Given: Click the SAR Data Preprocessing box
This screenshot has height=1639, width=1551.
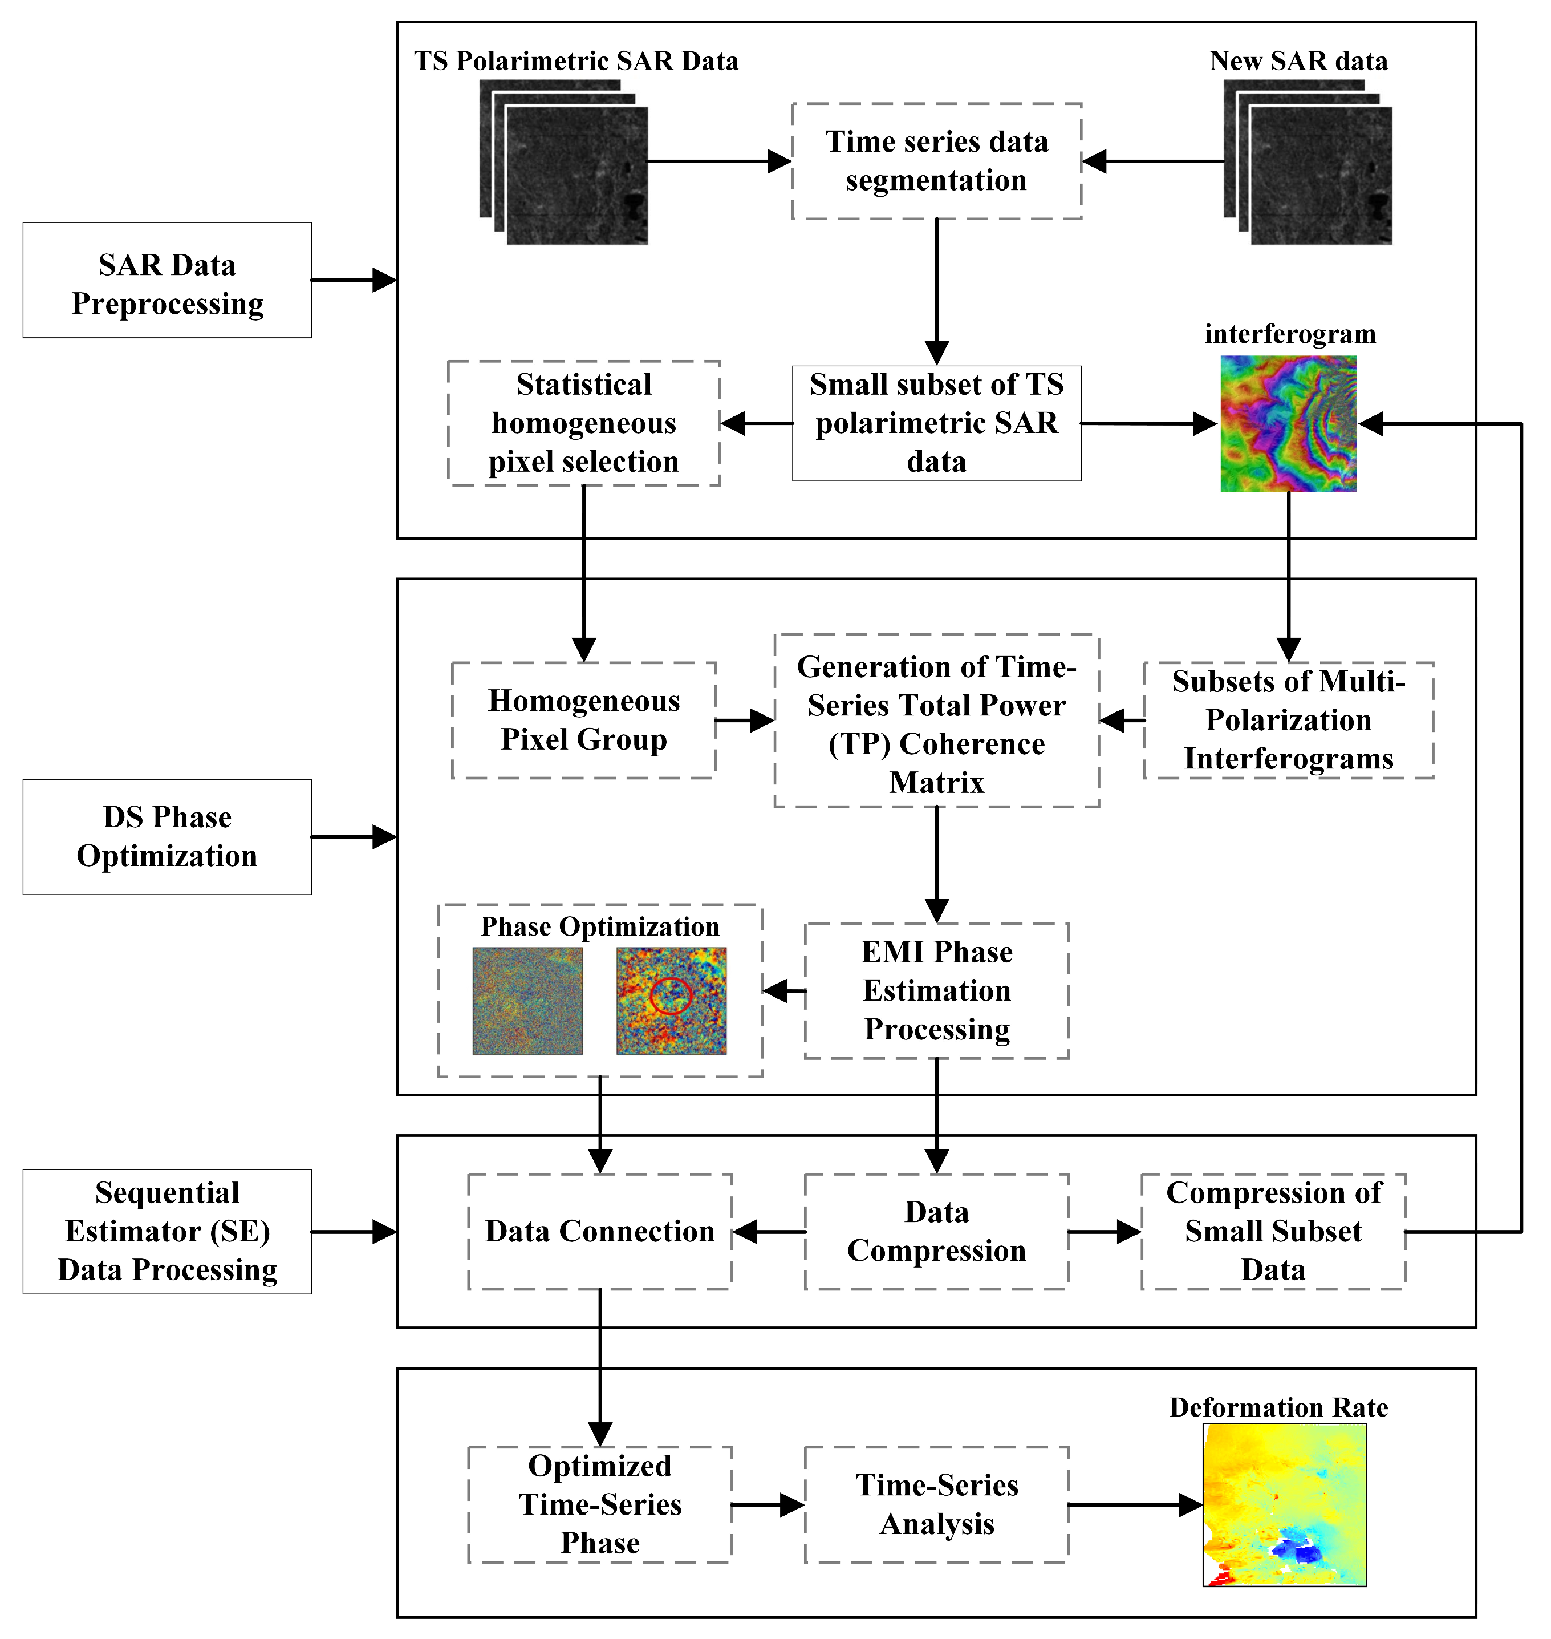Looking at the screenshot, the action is tap(167, 280).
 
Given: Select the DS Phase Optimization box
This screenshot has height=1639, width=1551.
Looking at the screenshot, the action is tap(167, 836).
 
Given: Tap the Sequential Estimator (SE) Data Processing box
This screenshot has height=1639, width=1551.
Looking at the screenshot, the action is tap(167, 1231).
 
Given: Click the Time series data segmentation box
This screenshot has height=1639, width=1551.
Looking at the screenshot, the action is tap(937, 161).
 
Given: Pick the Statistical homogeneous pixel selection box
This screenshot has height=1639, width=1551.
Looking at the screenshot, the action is tap(584, 423).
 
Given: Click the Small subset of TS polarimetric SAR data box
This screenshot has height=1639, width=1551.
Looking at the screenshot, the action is tap(937, 423).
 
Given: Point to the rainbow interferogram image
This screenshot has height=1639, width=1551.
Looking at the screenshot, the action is tap(1289, 423).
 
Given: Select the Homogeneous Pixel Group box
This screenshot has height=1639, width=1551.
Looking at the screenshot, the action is tap(584, 719).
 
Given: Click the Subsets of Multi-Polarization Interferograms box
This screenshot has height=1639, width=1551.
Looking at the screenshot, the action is tap(1289, 719).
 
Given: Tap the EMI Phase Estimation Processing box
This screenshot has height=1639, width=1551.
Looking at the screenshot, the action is tap(937, 991).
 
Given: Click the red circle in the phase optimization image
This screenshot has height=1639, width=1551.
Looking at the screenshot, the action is tap(669, 995).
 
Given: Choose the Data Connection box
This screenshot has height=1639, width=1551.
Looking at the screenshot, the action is tap(600, 1231).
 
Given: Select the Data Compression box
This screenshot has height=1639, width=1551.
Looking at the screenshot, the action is tap(937, 1231).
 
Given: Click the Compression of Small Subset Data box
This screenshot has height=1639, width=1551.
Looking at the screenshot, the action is tap(1273, 1231).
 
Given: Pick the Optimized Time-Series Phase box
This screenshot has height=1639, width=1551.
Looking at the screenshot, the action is tap(600, 1504).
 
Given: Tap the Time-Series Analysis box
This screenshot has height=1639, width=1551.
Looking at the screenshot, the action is tap(937, 1504).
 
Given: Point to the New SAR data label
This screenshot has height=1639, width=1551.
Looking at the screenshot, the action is tap(1298, 61).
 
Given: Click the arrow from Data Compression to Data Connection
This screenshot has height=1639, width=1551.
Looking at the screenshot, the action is tap(769, 1231).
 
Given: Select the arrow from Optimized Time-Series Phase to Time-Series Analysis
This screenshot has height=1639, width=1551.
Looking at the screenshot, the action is tap(768, 1505).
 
